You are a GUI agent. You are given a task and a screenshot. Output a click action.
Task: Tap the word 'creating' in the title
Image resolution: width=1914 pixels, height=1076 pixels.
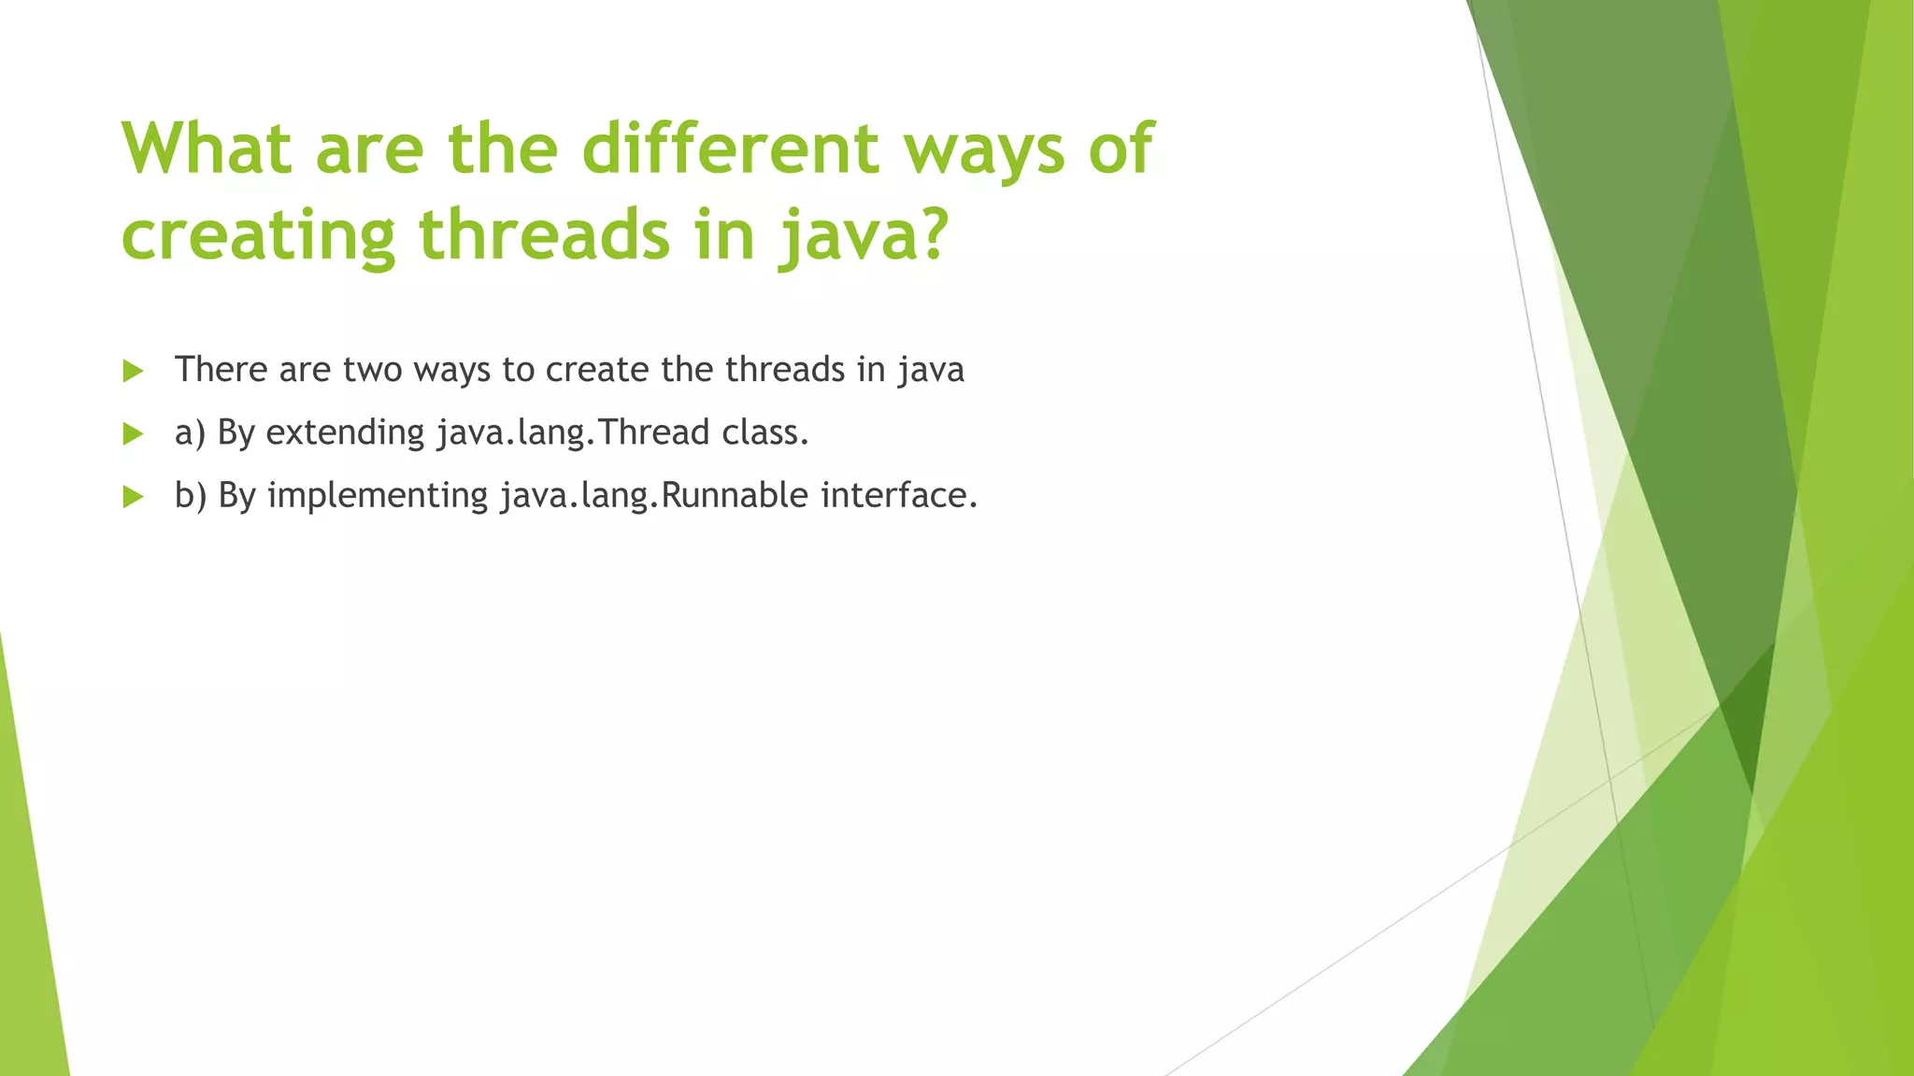[258, 235]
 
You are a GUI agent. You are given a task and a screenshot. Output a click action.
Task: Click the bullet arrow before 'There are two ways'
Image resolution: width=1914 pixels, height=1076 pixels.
[133, 371]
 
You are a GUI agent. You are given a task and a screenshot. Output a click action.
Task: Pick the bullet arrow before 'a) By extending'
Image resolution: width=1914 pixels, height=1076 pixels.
[133, 433]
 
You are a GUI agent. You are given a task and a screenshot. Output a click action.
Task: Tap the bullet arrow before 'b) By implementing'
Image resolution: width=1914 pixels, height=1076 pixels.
[133, 496]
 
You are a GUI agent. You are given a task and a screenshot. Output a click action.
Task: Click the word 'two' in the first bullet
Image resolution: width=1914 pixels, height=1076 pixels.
[372, 370]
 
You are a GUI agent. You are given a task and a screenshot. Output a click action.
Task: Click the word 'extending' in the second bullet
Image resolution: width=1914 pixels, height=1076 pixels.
[345, 432]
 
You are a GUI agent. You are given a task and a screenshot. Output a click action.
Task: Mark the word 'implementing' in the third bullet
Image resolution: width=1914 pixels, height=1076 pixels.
[378, 496]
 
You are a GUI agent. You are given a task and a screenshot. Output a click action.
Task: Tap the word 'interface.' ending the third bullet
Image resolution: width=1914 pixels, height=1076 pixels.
[899, 495]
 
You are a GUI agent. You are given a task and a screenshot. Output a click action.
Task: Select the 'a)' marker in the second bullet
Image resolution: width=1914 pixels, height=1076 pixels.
[190, 433]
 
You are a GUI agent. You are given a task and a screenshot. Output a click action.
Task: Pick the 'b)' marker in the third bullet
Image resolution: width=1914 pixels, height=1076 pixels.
[190, 495]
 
